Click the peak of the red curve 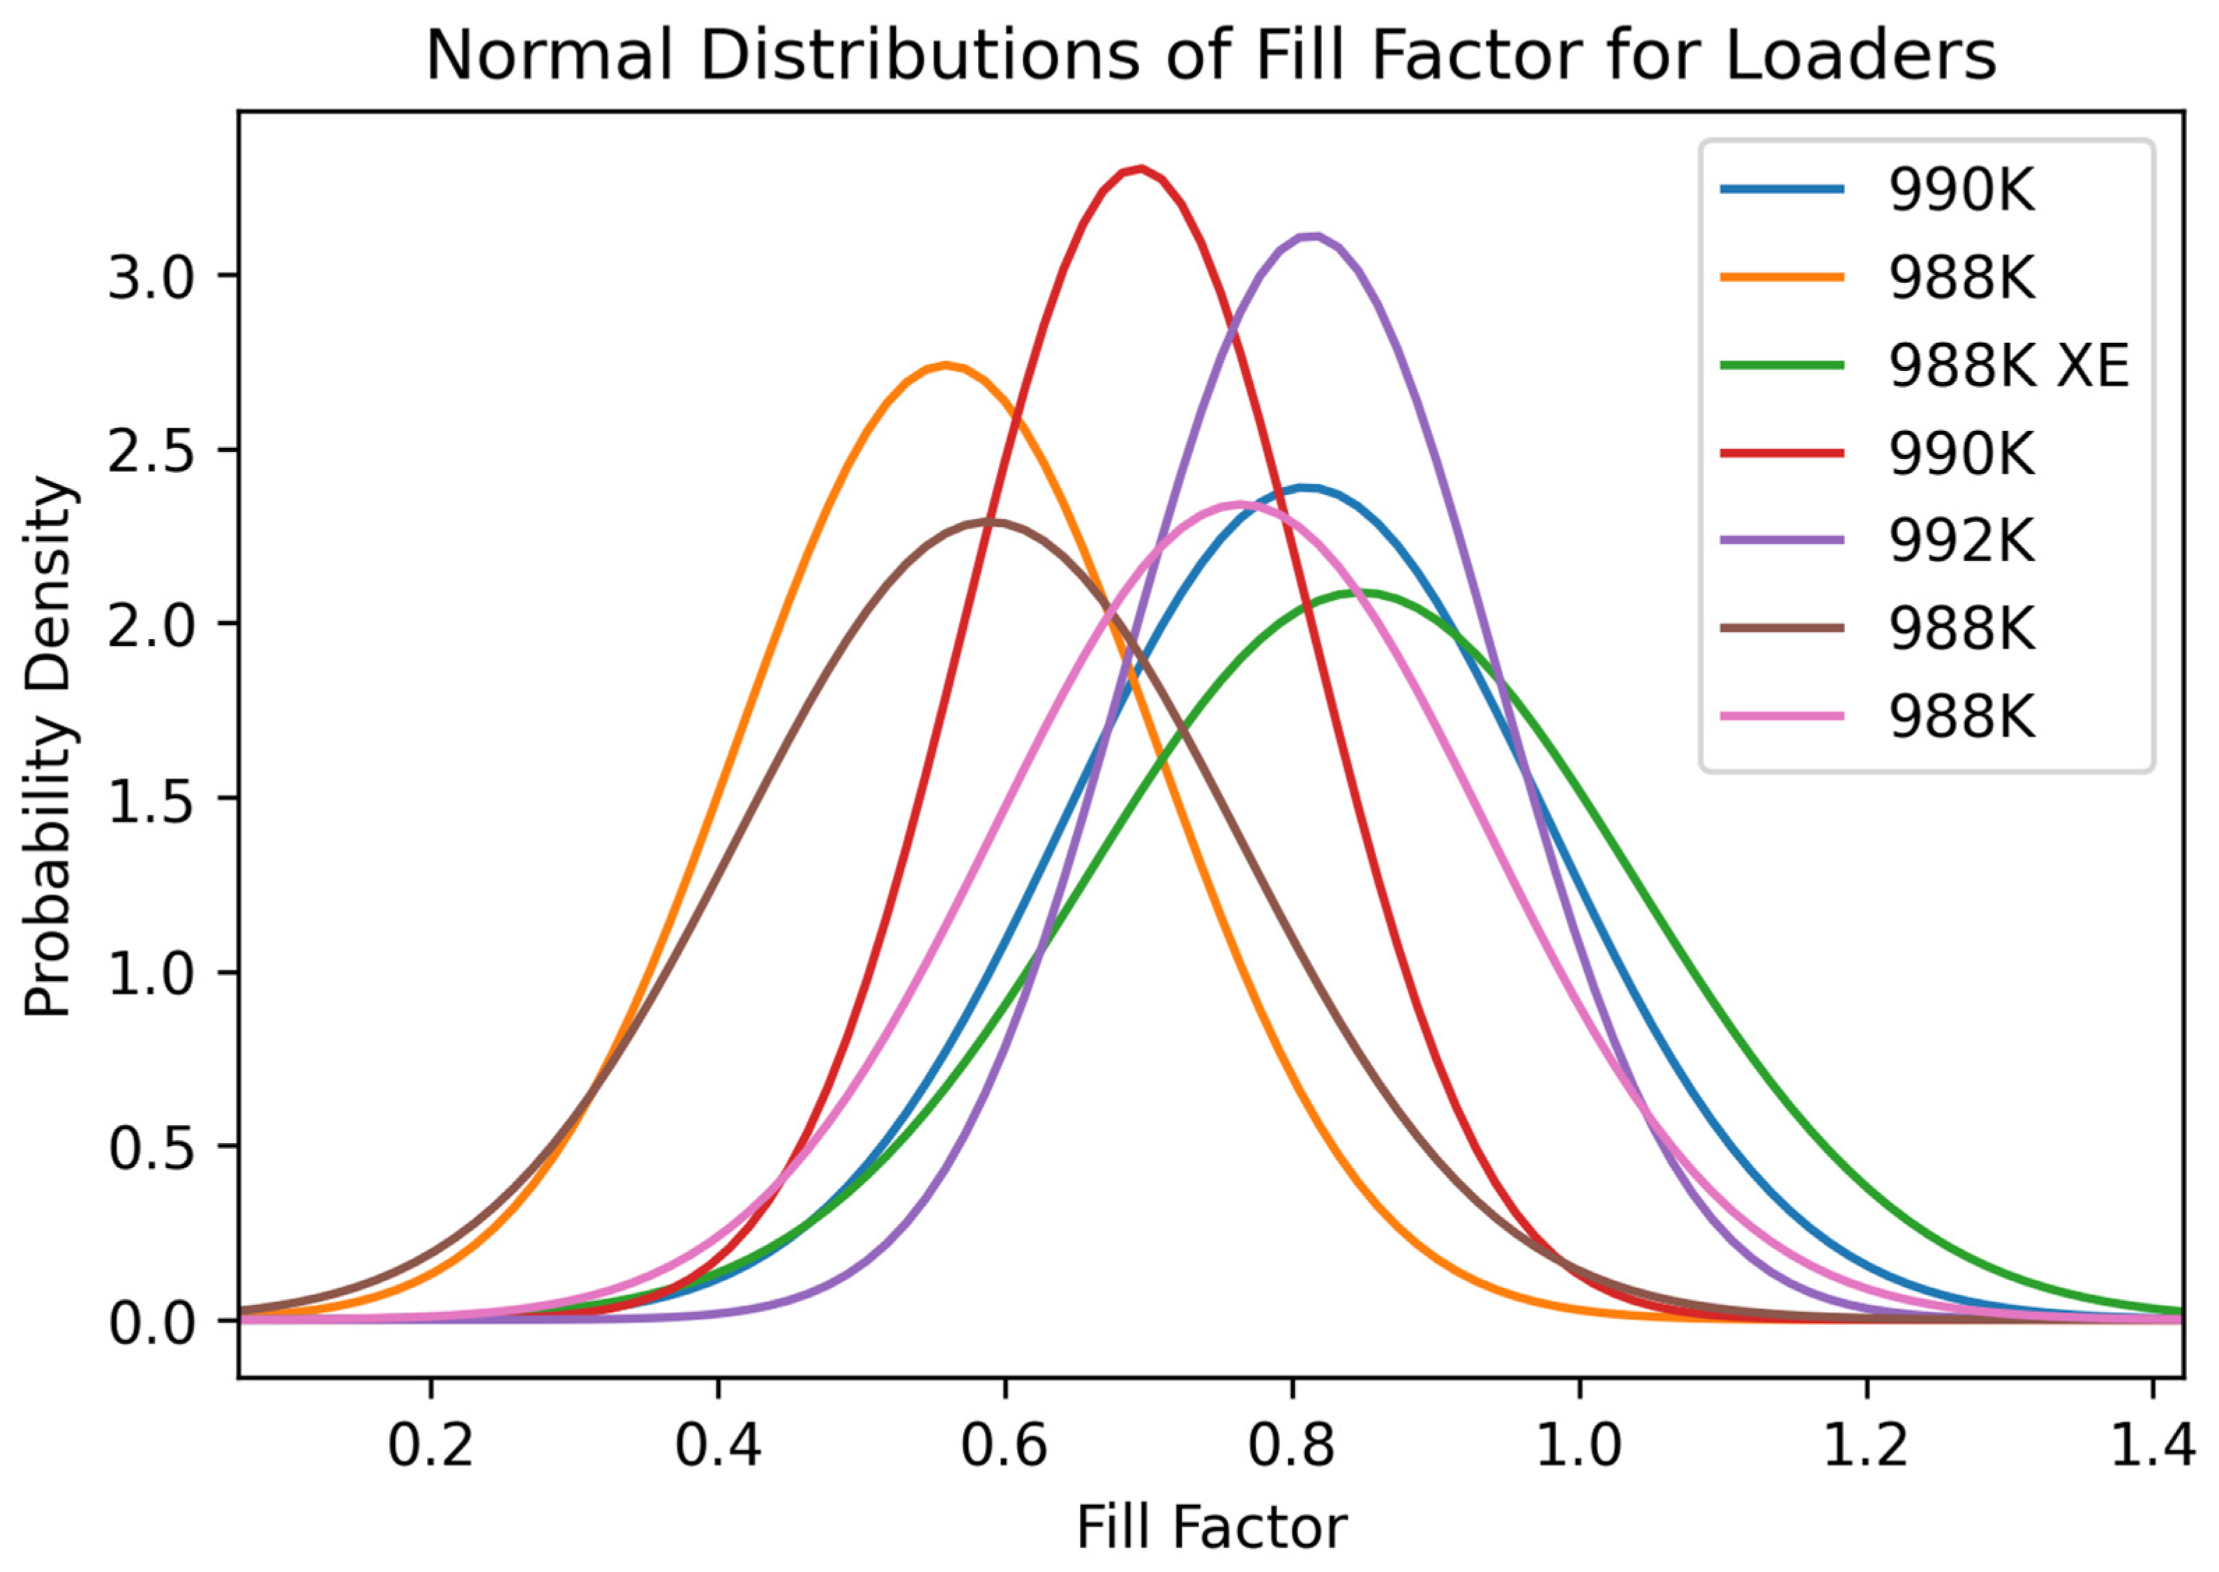coord(1143,169)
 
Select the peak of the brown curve coord(993,522)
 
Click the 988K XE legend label coord(2009,367)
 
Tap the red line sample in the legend coord(1782,453)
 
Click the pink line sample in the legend coord(1782,716)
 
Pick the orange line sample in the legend coord(1782,278)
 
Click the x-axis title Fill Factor coord(1211,1529)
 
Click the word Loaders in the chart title coord(1860,55)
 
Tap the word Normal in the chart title coord(549,55)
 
